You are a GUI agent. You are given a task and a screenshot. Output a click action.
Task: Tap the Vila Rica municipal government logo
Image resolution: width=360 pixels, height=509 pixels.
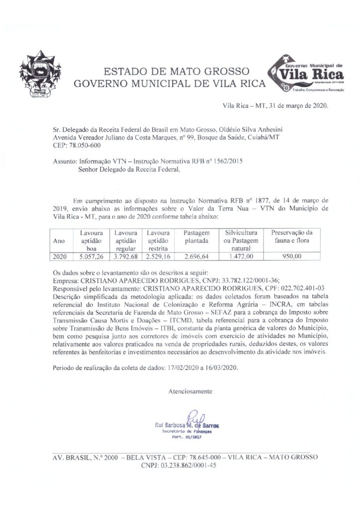click(x=305, y=75)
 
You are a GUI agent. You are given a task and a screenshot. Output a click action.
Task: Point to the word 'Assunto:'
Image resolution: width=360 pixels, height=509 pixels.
click(x=65, y=162)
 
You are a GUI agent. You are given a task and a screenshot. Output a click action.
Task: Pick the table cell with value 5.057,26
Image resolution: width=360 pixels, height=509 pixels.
click(x=91, y=256)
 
